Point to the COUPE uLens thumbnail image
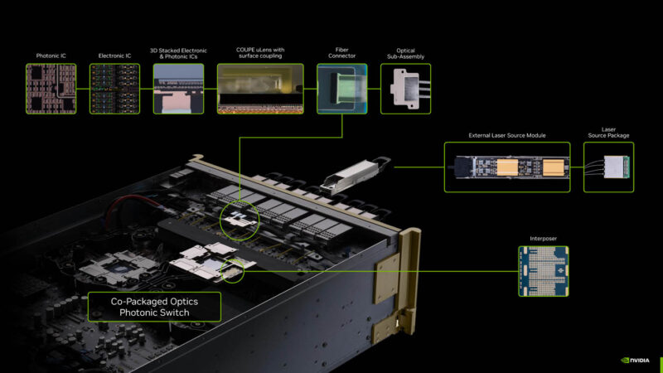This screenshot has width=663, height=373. pos(263,88)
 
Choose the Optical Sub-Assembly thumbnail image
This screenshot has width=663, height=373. pos(405,88)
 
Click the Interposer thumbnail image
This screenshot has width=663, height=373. pos(544,273)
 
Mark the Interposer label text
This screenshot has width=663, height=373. pos(544,238)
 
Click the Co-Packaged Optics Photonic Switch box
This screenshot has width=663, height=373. pos(154,307)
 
